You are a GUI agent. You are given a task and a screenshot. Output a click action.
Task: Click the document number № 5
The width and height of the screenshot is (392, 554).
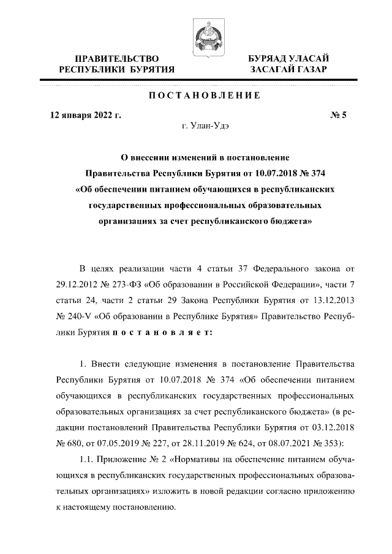point(337,114)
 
